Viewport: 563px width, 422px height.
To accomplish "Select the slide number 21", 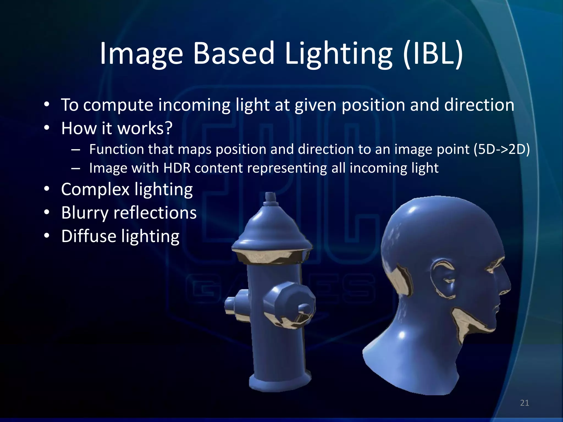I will coord(525,403).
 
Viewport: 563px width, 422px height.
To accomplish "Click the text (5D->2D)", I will coord(501,149).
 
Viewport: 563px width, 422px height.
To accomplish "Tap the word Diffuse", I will coord(89,236).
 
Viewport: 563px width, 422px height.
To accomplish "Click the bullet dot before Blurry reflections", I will coord(47,212).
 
